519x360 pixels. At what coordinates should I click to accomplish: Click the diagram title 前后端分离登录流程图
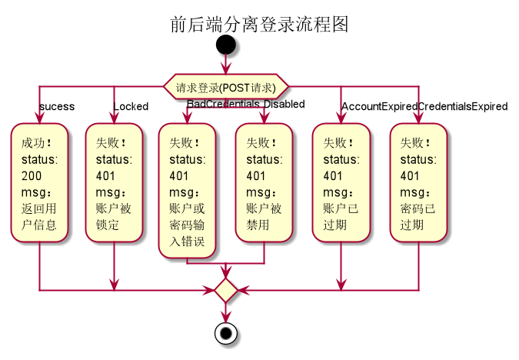pos(259,25)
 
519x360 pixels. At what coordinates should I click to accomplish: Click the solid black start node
pos(225,44)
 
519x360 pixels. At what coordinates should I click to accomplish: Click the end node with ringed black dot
pos(225,334)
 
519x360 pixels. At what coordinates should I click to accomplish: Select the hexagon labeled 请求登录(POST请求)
pos(225,87)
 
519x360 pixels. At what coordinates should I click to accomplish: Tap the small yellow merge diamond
pos(225,290)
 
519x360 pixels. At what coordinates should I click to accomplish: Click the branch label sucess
pos(57,106)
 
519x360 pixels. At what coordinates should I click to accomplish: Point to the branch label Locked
pos(131,106)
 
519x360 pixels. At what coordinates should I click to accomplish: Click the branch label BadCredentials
pos(224,104)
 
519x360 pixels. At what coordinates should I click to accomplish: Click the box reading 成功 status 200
pos(38,184)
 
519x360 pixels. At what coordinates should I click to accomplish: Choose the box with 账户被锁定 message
pos(114,184)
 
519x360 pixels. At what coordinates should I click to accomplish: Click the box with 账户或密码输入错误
pos(187,192)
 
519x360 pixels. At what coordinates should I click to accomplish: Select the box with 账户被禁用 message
pos(264,184)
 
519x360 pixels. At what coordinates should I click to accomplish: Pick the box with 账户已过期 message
pos(341,184)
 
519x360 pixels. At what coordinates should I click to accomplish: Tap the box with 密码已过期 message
pos(418,184)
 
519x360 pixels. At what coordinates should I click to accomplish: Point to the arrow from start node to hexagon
pos(225,65)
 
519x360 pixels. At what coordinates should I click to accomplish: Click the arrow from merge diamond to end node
pos(225,313)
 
